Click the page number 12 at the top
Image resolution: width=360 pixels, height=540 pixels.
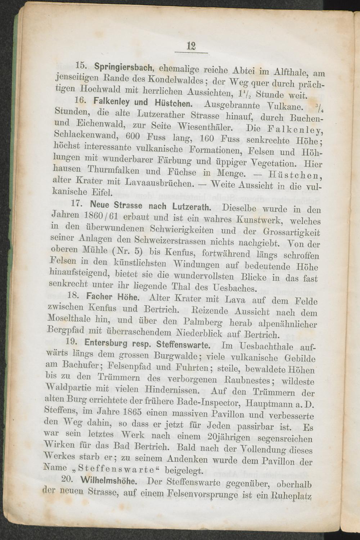191,46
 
